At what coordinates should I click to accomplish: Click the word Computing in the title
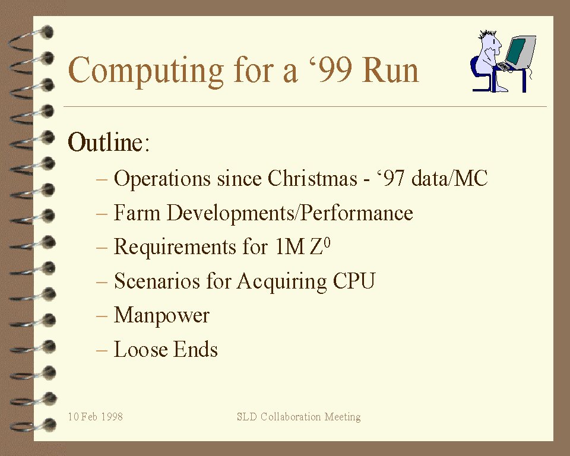pos(146,71)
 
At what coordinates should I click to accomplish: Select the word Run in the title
pos(391,70)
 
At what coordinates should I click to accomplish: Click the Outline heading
pos(108,142)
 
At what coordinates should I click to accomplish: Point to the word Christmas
pos(312,178)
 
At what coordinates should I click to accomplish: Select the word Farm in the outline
pos(137,213)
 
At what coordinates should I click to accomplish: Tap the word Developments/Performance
pos(290,213)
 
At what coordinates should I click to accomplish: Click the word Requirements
pos(175,247)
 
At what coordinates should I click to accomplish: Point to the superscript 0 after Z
pos(327,242)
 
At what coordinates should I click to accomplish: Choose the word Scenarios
pos(157,281)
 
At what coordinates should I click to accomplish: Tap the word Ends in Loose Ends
pos(195,349)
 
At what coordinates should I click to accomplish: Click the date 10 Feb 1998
pos(96,416)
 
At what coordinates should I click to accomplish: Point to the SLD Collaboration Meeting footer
pos(299,417)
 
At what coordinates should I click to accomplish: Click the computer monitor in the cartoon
pos(521,52)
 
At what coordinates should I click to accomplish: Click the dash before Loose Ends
pos(102,350)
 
